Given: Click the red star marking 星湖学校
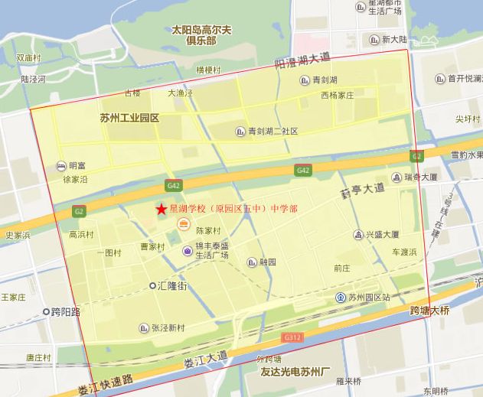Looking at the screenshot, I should (x=161, y=209).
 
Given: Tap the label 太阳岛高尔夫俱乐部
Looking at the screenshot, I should (x=201, y=35).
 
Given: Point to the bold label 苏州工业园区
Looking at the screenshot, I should (x=129, y=118).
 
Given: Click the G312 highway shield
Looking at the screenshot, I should (x=292, y=337).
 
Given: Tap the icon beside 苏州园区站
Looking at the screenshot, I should (x=340, y=297).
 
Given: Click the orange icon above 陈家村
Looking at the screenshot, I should (x=183, y=223).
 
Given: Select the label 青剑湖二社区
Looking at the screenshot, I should (x=273, y=132).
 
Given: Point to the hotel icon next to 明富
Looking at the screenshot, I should (x=60, y=165).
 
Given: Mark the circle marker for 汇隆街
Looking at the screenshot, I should (x=152, y=285).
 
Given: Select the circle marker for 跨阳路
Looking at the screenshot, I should (x=46, y=311).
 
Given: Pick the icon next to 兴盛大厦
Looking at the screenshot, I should (x=357, y=235).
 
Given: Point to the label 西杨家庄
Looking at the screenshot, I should (x=338, y=96).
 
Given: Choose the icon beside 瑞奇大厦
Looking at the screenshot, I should (x=397, y=177).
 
